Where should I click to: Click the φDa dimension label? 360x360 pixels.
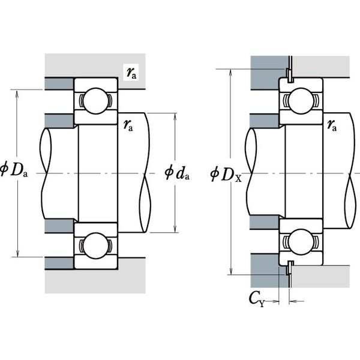coord(14,170)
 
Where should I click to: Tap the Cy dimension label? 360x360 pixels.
coord(257,299)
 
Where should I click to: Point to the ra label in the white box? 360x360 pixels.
coord(131,73)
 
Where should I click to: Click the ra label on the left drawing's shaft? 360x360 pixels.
coord(128,125)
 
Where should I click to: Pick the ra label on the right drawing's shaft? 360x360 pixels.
coord(332,125)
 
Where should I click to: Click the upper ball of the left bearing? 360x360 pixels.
coord(96,101)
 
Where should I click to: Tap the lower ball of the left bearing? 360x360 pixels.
coord(96,245)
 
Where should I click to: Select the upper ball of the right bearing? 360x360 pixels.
coord(301,101)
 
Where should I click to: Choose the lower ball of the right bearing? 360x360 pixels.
coord(301,242)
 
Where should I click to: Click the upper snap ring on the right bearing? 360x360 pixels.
coord(290,75)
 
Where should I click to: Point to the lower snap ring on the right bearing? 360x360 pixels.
coord(290,268)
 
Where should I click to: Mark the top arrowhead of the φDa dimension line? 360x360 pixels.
coord(17,94)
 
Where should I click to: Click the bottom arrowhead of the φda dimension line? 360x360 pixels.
coord(175,229)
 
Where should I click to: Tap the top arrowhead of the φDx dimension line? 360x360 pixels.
coord(231,73)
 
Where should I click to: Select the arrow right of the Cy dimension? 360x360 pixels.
coord(296,301)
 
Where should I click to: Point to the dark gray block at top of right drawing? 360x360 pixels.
coord(269,73)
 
